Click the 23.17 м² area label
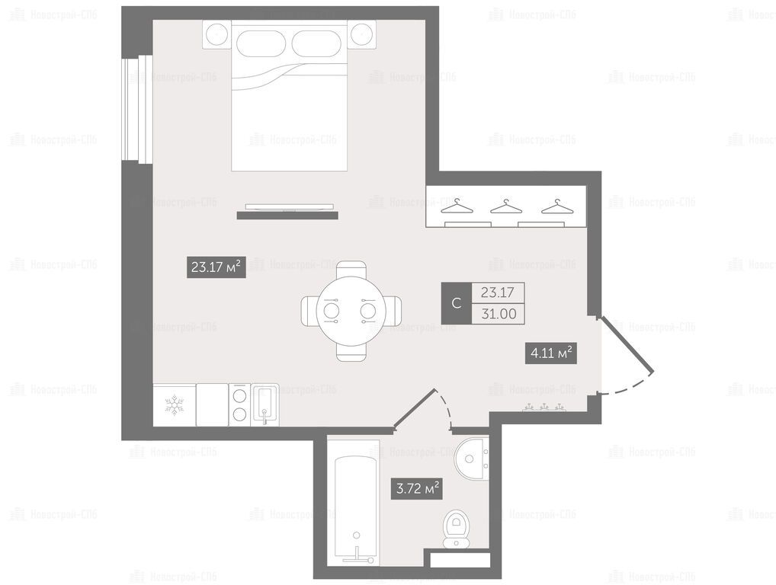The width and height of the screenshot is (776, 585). pos(216,267)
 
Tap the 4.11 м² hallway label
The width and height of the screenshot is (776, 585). pos(551,353)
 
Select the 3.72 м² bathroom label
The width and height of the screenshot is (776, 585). pos(417,488)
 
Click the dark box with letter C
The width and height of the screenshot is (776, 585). pos(457,303)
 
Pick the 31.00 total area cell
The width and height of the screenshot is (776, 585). pos(499,314)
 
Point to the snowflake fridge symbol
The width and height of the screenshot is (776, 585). pos(175,404)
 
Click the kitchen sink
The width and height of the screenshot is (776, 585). pos(265,405)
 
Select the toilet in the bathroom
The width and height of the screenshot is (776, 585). pos(457,529)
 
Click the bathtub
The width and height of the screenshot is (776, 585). pos(355,509)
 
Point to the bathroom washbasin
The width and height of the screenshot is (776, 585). pos(472,458)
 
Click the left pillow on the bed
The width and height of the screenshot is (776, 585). pos(260,43)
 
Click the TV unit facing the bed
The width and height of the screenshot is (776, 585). pos(287,212)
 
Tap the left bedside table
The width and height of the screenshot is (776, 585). pos(216,35)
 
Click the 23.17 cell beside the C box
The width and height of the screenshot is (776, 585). pos(499,292)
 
